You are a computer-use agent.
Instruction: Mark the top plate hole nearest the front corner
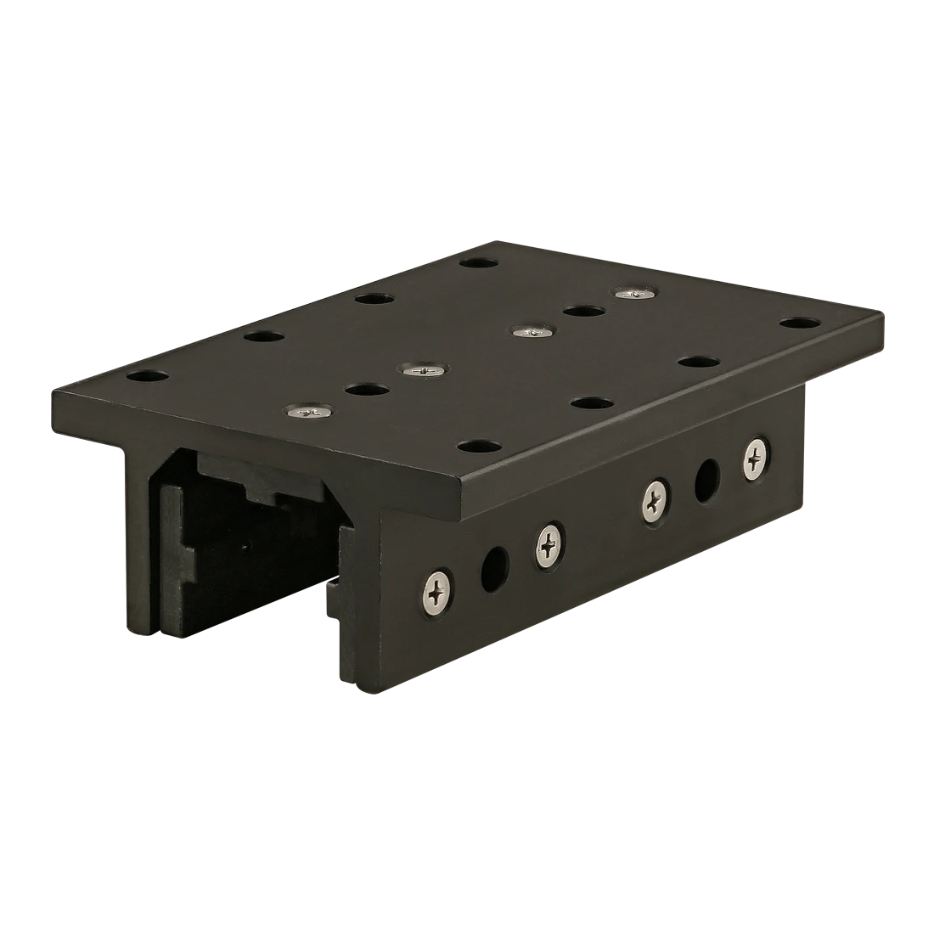478,445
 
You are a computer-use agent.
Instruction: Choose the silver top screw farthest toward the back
634,293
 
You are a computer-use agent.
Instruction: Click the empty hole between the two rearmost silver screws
582,311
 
